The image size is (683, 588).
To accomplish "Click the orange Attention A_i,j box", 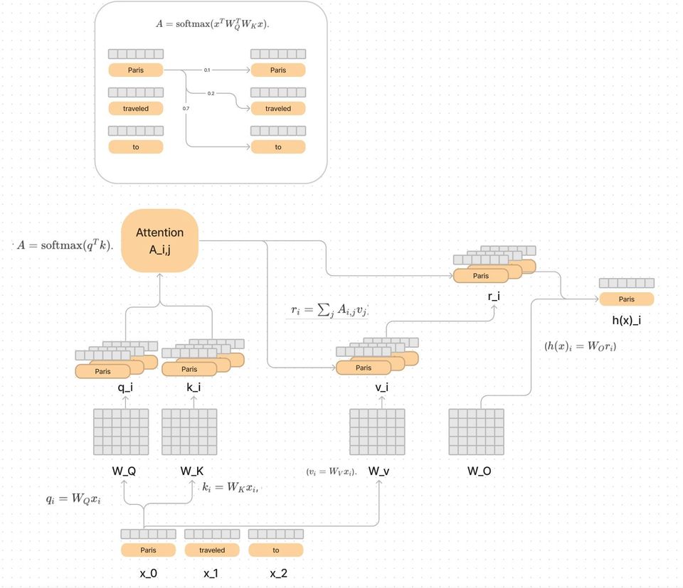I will (x=159, y=240).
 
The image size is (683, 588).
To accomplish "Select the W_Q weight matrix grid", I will (x=121, y=432).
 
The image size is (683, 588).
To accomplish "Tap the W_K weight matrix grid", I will (x=189, y=432).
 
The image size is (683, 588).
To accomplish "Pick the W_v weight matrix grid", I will (x=377, y=432).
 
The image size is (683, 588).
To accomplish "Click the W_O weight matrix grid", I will (x=476, y=432).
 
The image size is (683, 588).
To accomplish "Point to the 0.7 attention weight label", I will (x=186, y=108).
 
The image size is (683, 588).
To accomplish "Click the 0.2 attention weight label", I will (x=211, y=94).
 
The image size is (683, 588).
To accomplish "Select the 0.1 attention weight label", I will (x=207, y=70).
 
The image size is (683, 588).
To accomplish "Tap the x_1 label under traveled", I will (x=212, y=573).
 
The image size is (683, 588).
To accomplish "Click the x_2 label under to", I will (x=277, y=573).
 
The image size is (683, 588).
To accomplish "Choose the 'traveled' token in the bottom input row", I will (x=212, y=550).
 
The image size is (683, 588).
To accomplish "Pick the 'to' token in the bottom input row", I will (x=276, y=550).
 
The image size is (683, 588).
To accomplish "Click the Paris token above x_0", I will (x=148, y=550).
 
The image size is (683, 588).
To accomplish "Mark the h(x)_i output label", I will (x=626, y=321).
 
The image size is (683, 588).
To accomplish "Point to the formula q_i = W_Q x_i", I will (x=74, y=499).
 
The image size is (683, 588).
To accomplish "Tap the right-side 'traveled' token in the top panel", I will (x=278, y=109).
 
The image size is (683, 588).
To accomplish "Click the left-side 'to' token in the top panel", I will (x=136, y=147).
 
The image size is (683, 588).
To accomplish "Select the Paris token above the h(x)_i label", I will (x=626, y=299).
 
